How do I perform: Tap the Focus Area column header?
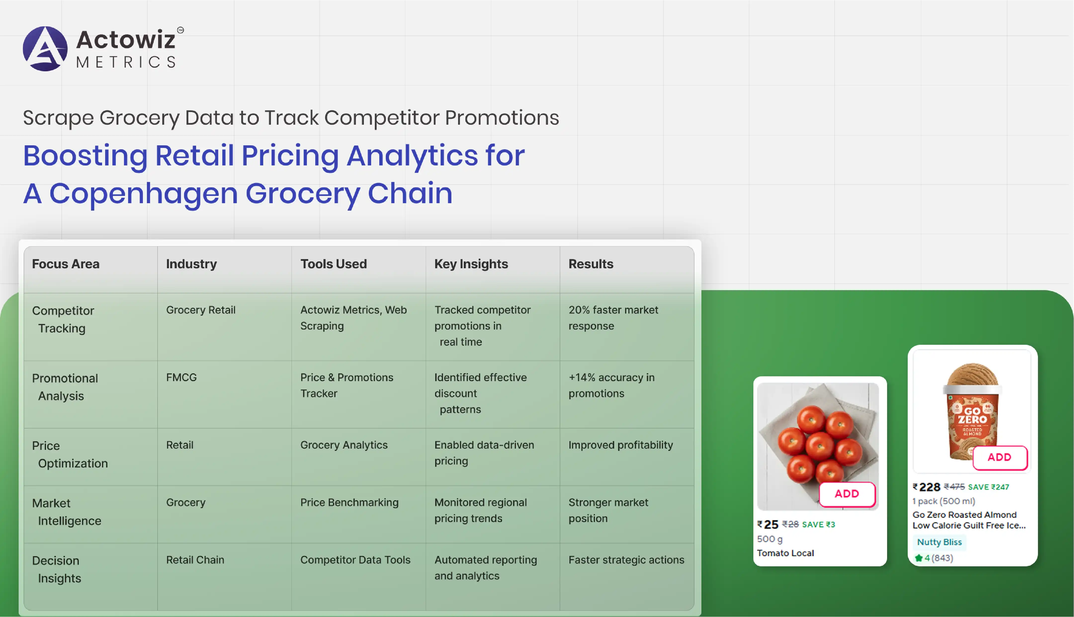[66, 264]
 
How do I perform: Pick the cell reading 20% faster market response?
[613, 318]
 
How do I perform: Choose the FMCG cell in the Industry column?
[181, 378]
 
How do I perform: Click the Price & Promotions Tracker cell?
[347, 385]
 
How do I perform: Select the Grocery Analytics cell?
[344, 445]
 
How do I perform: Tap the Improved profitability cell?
[621, 445]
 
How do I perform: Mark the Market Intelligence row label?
[67, 512]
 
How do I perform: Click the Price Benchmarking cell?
[349, 502]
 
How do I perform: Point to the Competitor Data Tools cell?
[355, 560]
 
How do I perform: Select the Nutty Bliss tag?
[939, 542]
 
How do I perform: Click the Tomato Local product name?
[785, 553]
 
